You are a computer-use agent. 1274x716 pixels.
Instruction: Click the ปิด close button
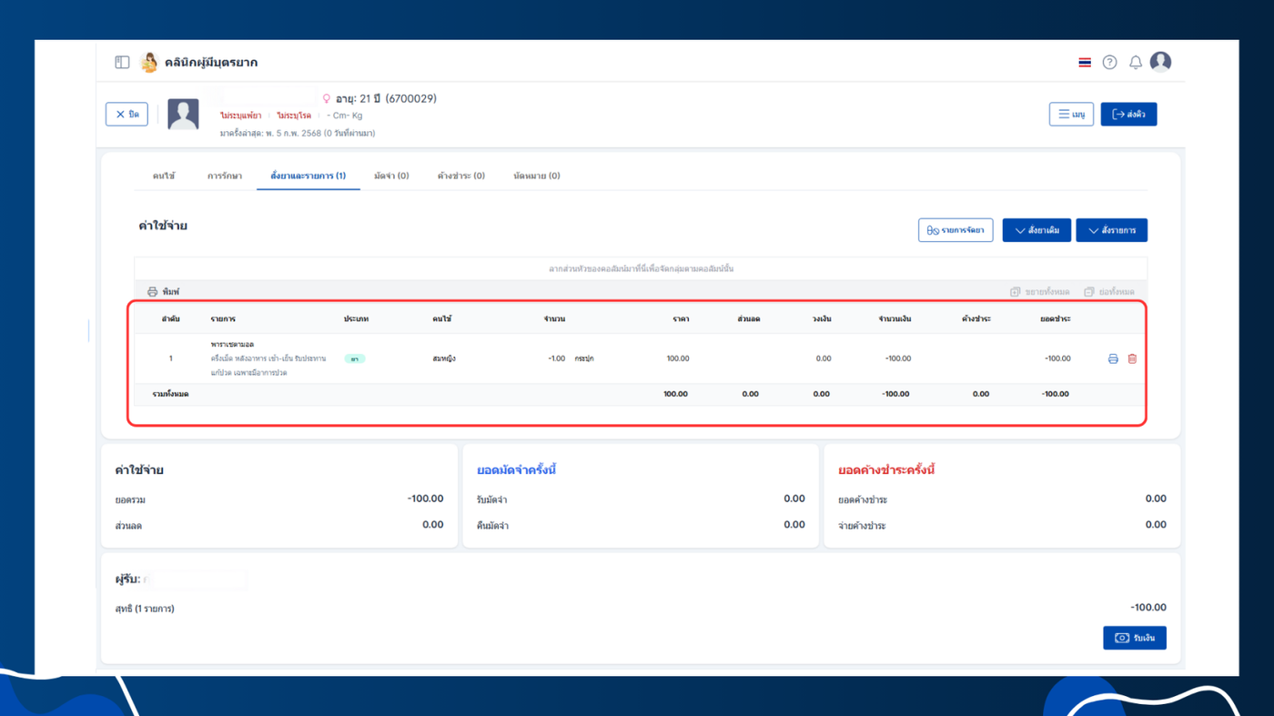tap(126, 114)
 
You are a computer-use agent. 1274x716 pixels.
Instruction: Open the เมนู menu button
tap(1071, 115)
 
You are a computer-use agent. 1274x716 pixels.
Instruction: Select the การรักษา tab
tap(224, 176)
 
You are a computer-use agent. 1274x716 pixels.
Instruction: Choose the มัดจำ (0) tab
tap(391, 176)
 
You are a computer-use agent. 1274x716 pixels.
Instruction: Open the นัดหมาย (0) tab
tap(536, 176)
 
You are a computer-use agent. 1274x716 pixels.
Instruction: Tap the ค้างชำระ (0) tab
tap(460, 176)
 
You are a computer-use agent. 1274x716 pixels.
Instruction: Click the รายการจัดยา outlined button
tap(955, 230)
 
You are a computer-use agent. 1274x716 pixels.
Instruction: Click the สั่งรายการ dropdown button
tap(1111, 230)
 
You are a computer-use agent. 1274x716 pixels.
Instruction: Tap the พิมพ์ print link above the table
tap(164, 292)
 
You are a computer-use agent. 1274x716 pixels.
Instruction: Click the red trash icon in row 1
tap(1132, 358)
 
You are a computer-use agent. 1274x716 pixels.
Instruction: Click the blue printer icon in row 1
tap(1113, 358)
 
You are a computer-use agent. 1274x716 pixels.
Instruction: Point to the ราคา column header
tap(681, 319)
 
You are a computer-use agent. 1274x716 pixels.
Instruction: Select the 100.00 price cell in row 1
tap(677, 358)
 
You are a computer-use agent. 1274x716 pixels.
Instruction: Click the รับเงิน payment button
tap(1135, 638)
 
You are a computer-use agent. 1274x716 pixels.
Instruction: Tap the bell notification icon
tap(1136, 63)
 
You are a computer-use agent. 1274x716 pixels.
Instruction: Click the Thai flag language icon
tap(1085, 63)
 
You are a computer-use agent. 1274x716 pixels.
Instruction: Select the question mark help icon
tap(1109, 63)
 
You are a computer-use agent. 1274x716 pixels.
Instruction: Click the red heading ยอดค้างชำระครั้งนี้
tap(886, 470)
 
